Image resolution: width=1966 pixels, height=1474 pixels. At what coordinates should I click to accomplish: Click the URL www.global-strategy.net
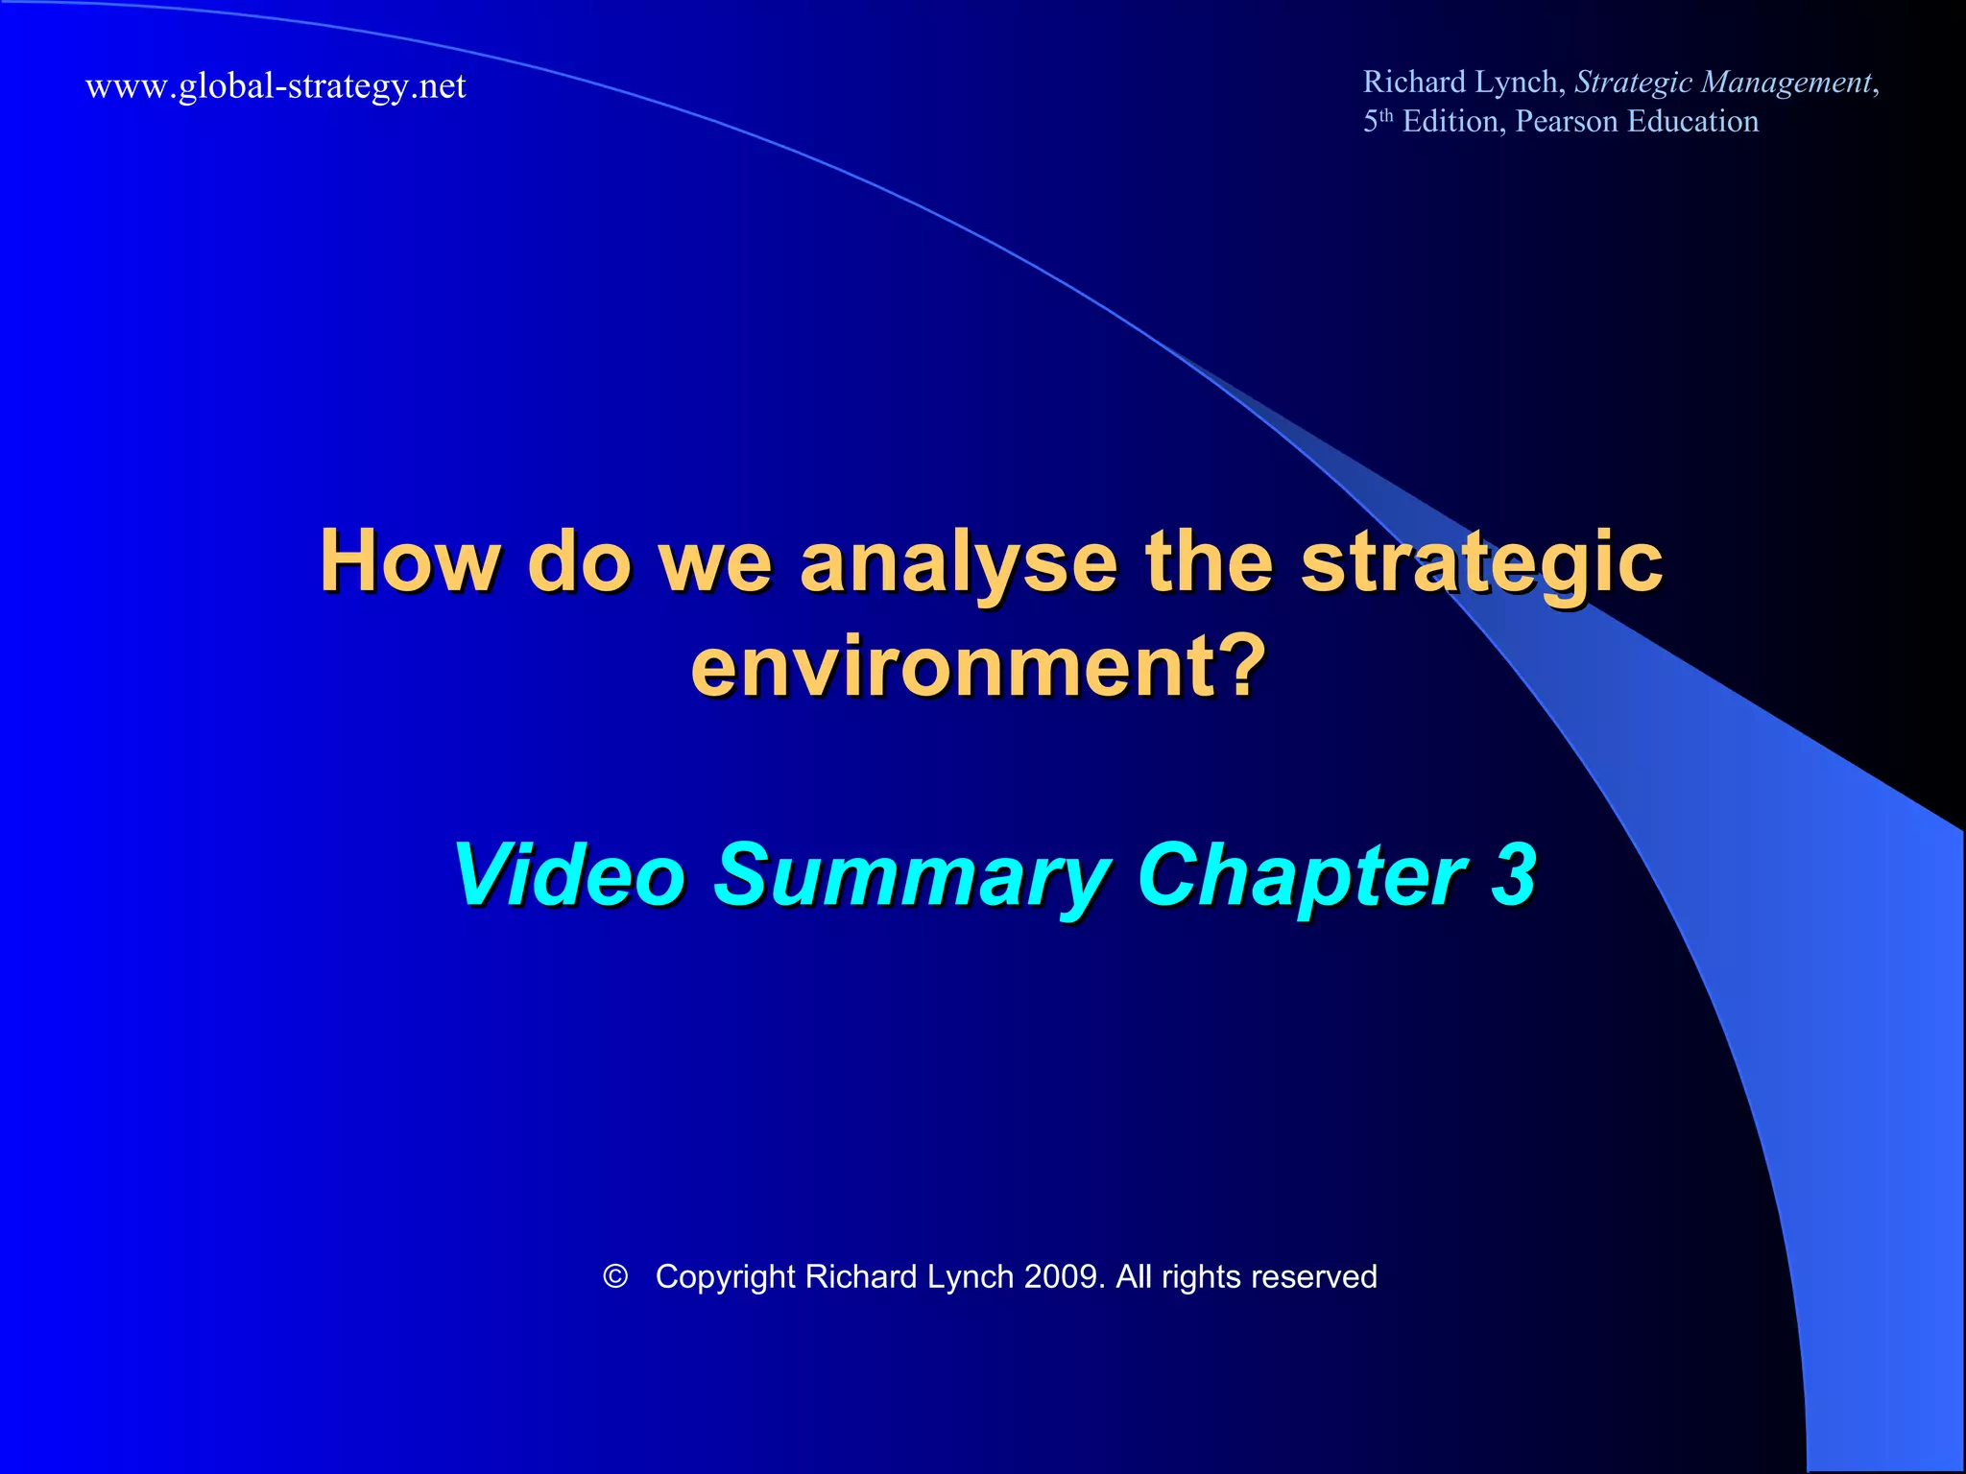[x=276, y=86]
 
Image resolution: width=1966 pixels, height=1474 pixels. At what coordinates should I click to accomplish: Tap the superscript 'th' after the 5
[x=1386, y=115]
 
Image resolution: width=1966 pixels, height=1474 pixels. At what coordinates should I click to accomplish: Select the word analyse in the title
[x=958, y=563]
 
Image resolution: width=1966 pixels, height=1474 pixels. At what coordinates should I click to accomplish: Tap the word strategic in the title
[x=1481, y=563]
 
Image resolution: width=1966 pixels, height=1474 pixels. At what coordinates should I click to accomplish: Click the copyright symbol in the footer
[x=615, y=1276]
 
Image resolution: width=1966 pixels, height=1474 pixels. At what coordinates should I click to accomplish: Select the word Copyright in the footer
[x=726, y=1278]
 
